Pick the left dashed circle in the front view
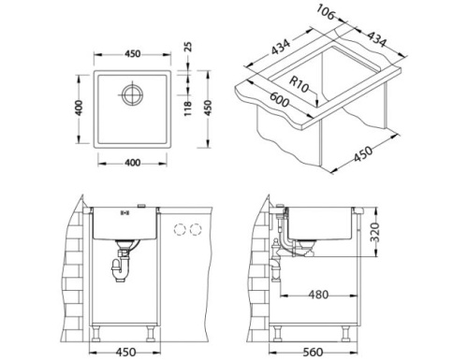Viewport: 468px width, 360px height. (x=179, y=230)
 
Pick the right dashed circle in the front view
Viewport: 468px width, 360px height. (x=195, y=230)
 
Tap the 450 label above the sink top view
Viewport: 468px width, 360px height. (x=132, y=54)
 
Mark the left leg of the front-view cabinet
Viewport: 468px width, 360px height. (x=98, y=329)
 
